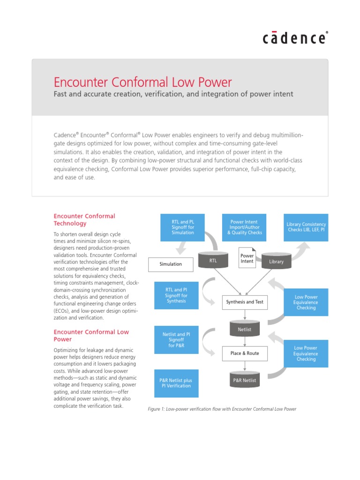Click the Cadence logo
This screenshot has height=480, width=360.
click(295, 38)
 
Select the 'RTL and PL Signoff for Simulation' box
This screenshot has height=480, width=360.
click(177, 227)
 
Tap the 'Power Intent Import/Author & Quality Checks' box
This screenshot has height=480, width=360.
click(244, 227)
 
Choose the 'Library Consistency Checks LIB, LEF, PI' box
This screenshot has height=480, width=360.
click(306, 227)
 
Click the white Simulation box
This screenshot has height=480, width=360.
click(171, 264)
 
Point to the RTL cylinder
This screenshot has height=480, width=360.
click(213, 260)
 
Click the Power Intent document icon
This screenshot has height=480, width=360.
click(247, 258)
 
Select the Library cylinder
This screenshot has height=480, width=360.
click(276, 261)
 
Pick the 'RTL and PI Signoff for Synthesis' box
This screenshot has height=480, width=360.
click(177, 295)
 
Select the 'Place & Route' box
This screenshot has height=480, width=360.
click(244, 353)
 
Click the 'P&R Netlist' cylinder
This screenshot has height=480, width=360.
click(244, 380)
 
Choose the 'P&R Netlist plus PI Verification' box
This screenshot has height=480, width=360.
click(177, 383)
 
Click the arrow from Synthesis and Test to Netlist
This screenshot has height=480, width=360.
click(245, 315)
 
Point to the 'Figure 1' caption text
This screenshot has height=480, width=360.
click(222, 409)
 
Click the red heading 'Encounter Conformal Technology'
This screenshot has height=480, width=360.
click(84, 219)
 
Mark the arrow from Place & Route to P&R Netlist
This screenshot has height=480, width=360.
click(245, 366)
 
